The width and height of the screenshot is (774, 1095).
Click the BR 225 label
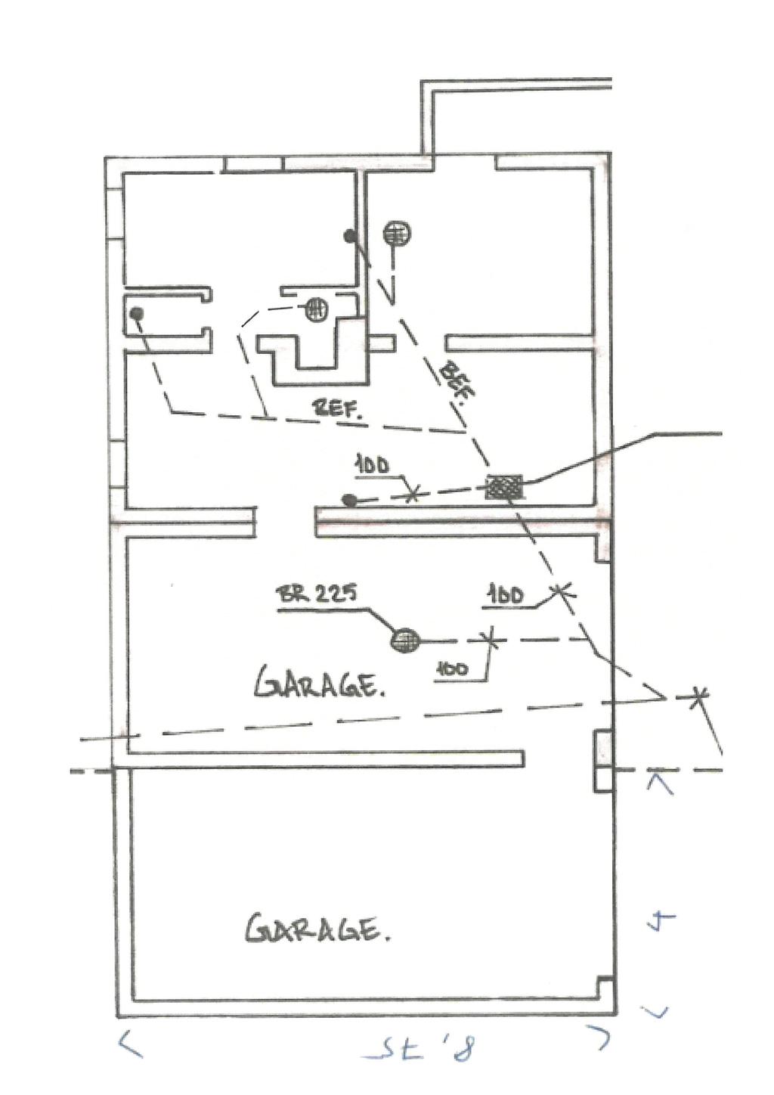point(313,595)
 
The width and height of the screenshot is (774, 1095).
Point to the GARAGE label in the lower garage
point(317,929)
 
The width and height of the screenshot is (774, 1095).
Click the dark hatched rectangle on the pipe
point(504,485)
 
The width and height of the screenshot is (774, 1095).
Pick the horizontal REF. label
point(339,409)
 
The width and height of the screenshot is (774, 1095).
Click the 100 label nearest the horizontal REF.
point(372,465)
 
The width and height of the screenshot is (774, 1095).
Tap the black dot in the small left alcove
point(137,313)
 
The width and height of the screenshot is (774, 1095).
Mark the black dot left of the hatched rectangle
point(348,500)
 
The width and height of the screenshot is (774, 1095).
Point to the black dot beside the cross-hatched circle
point(350,236)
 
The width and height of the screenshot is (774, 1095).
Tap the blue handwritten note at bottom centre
point(420,1050)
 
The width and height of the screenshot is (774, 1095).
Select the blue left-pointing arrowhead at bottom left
point(129,1044)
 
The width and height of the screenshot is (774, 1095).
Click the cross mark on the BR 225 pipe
point(493,641)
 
